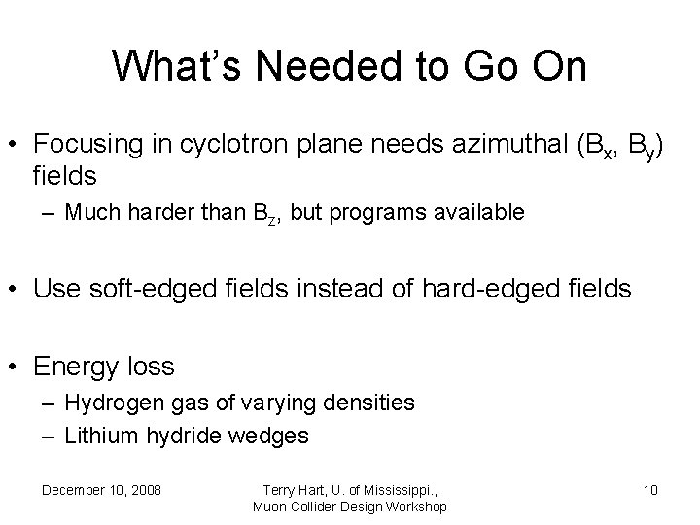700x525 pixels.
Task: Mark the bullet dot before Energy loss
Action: click(x=16, y=367)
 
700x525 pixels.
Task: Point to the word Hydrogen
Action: click(x=106, y=403)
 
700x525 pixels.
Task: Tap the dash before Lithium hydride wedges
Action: click(x=48, y=435)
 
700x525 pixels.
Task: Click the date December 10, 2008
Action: click(x=101, y=489)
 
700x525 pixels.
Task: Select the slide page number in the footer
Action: click(x=650, y=489)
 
